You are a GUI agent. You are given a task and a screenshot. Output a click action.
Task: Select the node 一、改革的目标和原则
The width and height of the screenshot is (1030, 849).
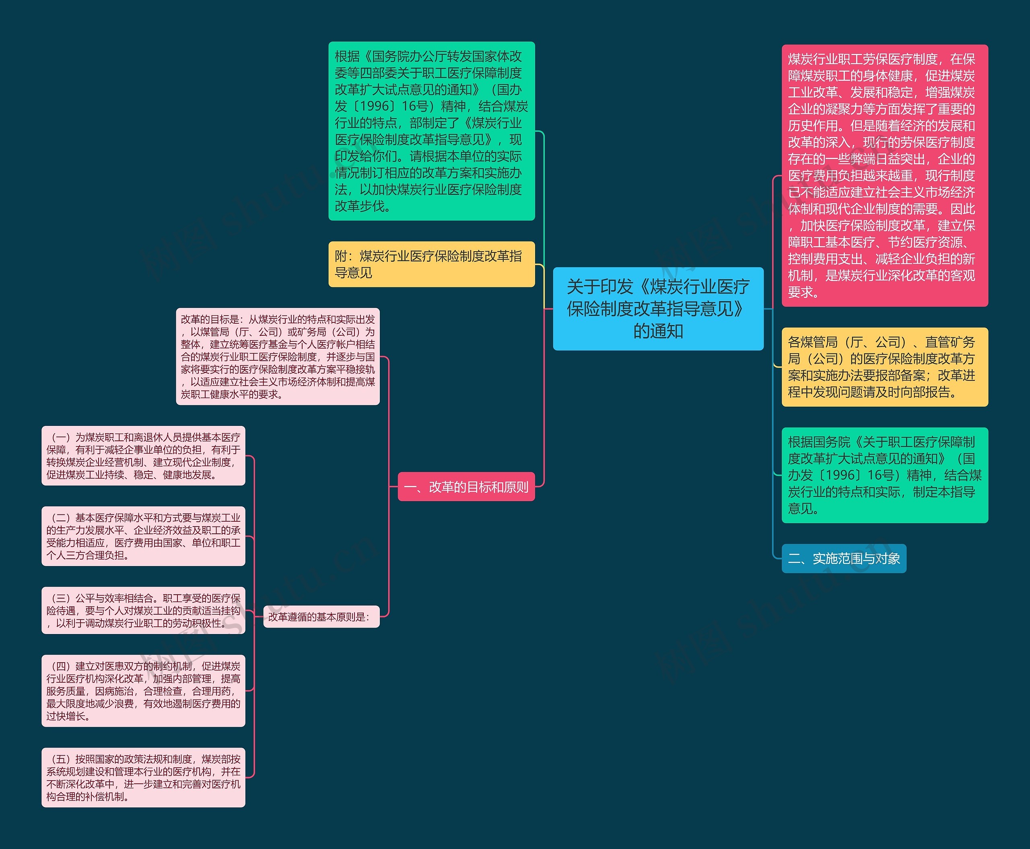pyautogui.click(x=466, y=487)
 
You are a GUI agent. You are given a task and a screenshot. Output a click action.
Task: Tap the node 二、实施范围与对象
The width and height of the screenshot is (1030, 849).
pyautogui.click(x=843, y=558)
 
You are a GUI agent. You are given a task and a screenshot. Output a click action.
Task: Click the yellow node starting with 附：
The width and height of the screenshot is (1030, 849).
pyautogui.click(x=431, y=264)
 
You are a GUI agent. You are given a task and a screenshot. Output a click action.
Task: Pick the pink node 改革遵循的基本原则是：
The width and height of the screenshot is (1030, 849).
pyautogui.click(x=321, y=617)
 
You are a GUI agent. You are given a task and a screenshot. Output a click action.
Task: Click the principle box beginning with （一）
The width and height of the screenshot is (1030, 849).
pyautogui.click(x=143, y=455)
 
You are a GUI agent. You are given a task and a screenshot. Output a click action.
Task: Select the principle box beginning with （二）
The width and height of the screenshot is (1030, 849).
pyautogui.click(x=143, y=536)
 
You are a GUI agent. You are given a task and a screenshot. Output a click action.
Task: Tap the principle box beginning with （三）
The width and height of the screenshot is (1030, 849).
pyautogui.click(x=143, y=610)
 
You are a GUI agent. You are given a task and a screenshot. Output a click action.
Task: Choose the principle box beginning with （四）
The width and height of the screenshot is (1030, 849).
pyautogui.click(x=143, y=690)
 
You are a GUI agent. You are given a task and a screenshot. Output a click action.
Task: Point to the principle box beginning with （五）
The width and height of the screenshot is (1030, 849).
pyautogui.click(x=143, y=777)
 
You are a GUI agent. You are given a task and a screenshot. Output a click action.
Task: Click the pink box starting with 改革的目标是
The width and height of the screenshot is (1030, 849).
pyautogui.click(x=278, y=357)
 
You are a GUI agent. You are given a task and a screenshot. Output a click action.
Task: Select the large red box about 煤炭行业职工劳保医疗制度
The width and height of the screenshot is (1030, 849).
pyautogui.click(x=884, y=176)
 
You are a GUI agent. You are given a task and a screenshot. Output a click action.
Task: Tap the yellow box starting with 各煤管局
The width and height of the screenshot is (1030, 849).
pyautogui.click(x=884, y=367)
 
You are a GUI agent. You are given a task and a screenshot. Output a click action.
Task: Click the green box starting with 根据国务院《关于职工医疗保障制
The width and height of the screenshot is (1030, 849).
pyautogui.click(x=884, y=475)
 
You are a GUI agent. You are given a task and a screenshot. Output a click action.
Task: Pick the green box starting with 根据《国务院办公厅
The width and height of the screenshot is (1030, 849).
pyautogui.click(x=431, y=131)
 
